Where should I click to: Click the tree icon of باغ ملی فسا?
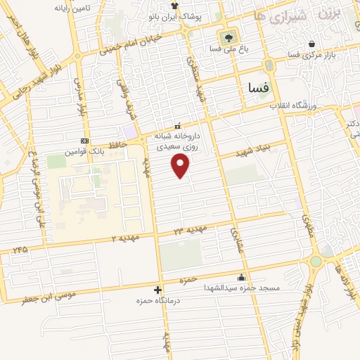tap(227, 37)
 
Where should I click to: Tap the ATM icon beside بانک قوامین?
tap(85, 141)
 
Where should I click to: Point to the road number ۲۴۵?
tap(20, 249)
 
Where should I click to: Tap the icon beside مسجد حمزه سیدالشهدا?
tap(242, 277)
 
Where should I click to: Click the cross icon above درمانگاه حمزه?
tap(157, 289)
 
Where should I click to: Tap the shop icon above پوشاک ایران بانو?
tap(174, 5)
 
